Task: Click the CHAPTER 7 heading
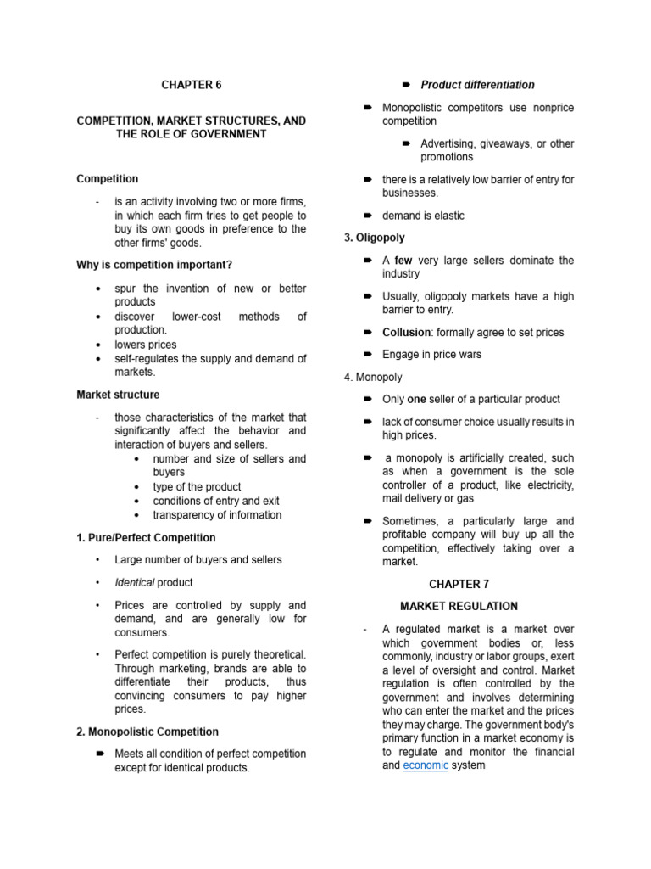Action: pyautogui.click(x=459, y=584)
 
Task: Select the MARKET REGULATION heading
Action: pyautogui.click(x=459, y=606)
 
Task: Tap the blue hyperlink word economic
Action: pyautogui.click(x=426, y=765)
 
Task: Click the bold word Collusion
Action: pyautogui.click(x=406, y=333)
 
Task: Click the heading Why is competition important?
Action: pyautogui.click(x=154, y=266)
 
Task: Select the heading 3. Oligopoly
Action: pyautogui.click(x=375, y=238)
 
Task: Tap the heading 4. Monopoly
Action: pyautogui.click(x=374, y=377)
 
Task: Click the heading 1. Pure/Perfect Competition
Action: pyautogui.click(x=146, y=538)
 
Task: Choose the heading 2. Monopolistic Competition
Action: pyautogui.click(x=147, y=732)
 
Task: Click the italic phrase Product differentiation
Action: pyautogui.click(x=477, y=85)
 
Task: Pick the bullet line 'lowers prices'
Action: pyautogui.click(x=146, y=345)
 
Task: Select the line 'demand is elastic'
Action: pyautogui.click(x=423, y=216)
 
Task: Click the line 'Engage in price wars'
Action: pyautogui.click(x=431, y=355)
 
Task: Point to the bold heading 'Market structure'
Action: pyautogui.click(x=118, y=395)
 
